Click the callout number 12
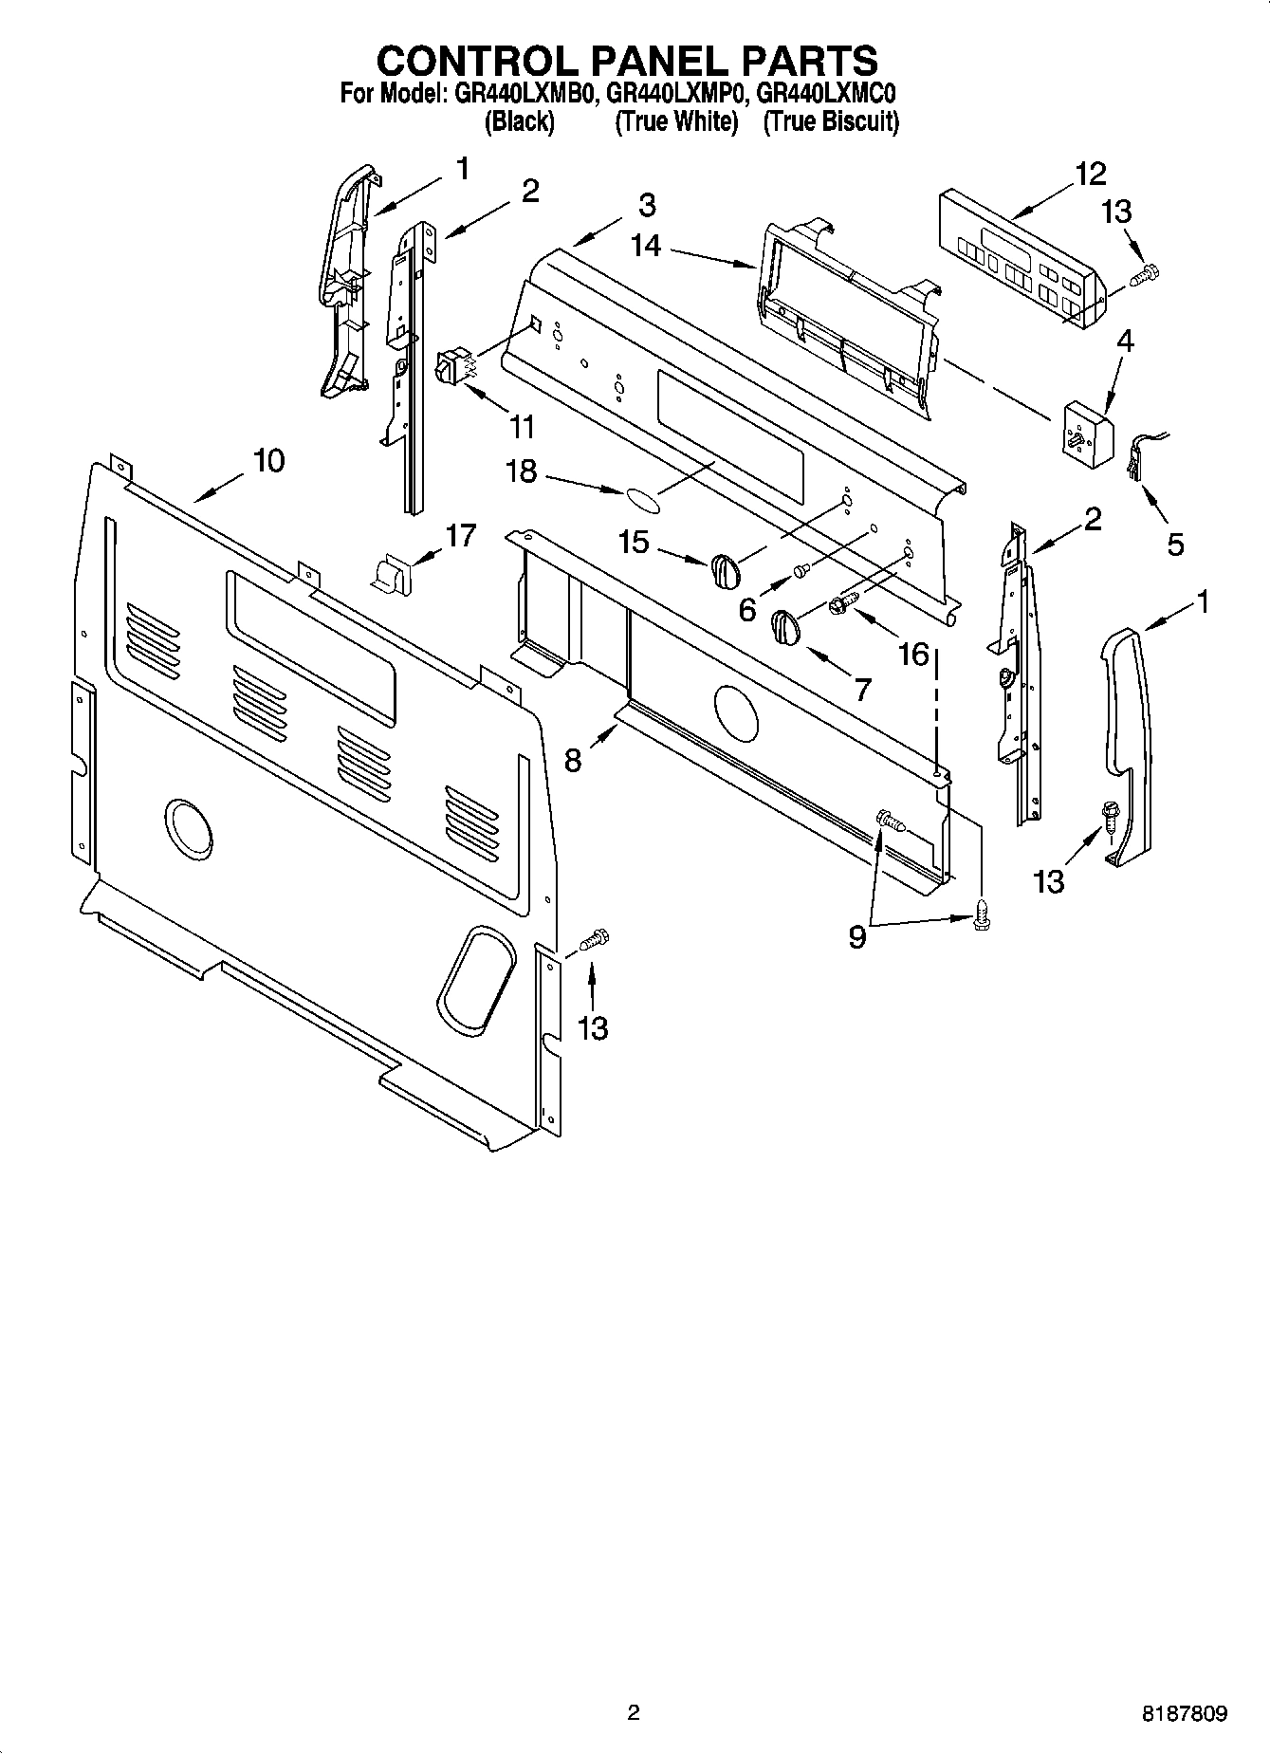(x=1090, y=174)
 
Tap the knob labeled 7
(x=786, y=627)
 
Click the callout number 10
(x=268, y=461)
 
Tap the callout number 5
(x=1175, y=544)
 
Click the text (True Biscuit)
(x=831, y=121)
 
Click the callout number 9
(x=857, y=937)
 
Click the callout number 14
(x=645, y=244)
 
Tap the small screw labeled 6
(x=801, y=571)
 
